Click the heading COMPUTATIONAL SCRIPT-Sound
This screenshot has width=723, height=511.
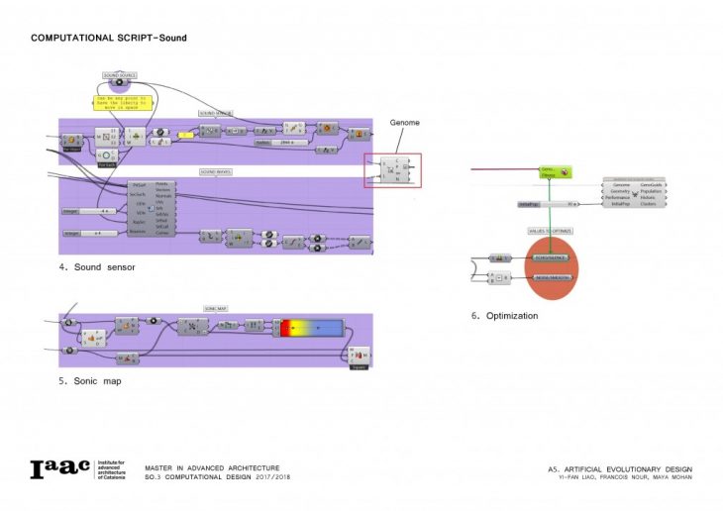108,38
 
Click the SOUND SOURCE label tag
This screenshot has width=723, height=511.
120,74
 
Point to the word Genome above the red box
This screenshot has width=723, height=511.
404,123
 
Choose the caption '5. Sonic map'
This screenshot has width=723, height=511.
91,380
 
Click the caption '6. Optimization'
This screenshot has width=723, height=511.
505,316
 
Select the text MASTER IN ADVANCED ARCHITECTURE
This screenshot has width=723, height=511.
212,467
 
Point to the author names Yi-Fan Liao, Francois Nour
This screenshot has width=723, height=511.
619,477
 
